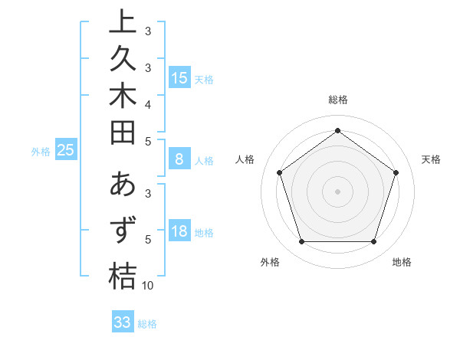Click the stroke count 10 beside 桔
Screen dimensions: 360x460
click(149, 286)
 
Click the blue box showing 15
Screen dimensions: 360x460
click(179, 78)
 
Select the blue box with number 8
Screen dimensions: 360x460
click(179, 160)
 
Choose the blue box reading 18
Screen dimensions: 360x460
click(179, 232)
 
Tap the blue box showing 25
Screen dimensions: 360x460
click(65, 151)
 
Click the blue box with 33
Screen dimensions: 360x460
click(123, 322)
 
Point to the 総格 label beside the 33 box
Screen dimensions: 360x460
click(147, 324)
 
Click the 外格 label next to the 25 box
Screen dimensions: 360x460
click(41, 152)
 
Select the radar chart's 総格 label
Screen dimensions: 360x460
click(337, 100)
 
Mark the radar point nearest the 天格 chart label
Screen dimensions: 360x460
click(396, 172)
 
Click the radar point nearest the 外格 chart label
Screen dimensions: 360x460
click(301, 242)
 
